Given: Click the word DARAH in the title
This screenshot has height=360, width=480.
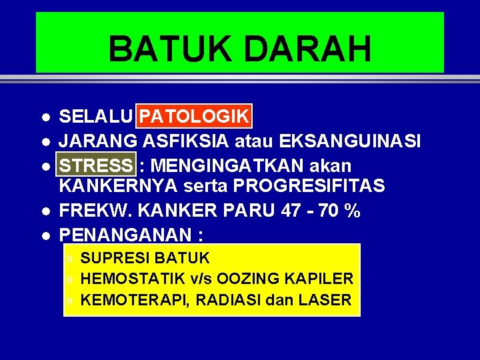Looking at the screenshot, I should [304, 49].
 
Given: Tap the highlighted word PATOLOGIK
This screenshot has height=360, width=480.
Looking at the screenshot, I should [194, 117].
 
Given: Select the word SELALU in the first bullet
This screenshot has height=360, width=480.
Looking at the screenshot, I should [96, 117].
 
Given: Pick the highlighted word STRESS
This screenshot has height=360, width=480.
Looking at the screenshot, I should [96, 164].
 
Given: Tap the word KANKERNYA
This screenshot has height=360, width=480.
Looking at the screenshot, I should [115, 186].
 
